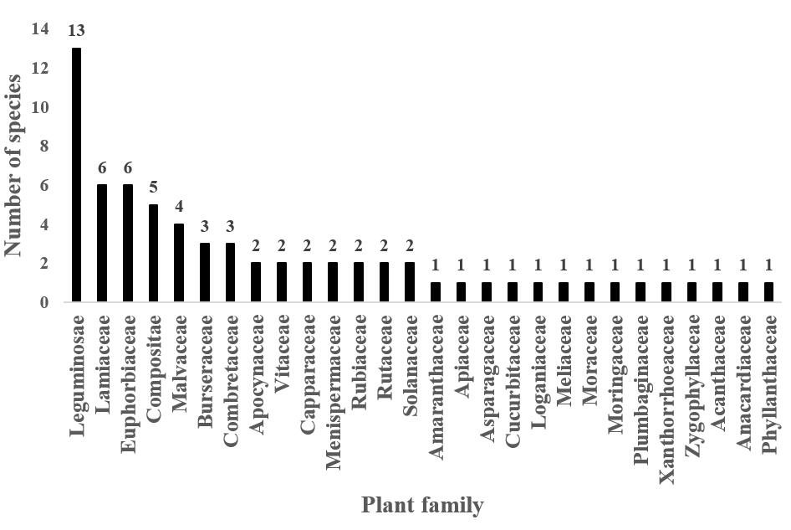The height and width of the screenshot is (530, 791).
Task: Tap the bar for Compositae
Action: [153, 253]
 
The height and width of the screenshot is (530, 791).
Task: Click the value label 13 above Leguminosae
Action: [77, 31]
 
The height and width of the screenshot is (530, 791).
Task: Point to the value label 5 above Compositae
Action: [153, 188]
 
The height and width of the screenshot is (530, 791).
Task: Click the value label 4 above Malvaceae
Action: [179, 207]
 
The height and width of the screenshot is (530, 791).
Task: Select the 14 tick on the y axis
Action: [40, 29]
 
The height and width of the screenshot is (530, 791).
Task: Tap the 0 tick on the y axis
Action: [44, 302]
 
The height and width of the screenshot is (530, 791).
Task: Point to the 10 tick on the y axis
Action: [40, 107]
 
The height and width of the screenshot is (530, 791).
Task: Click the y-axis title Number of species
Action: [14, 166]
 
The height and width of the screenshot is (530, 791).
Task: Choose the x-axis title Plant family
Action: [421, 506]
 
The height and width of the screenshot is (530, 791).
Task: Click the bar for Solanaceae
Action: [410, 282]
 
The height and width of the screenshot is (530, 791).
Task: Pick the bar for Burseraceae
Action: [204, 272]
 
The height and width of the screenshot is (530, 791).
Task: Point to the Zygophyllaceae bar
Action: [693, 292]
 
